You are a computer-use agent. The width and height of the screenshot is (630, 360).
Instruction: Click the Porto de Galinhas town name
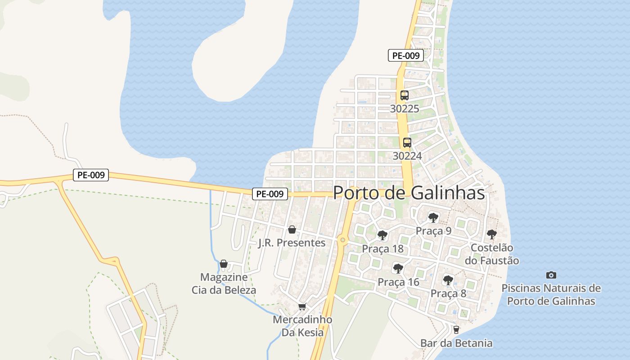coord(409,193)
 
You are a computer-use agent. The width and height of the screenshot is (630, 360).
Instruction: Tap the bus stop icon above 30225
coord(404,95)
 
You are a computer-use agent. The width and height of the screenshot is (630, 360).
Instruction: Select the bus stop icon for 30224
coord(407,143)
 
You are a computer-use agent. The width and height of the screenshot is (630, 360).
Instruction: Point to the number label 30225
coord(405,108)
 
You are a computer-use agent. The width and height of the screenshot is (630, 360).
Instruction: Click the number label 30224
coord(407,156)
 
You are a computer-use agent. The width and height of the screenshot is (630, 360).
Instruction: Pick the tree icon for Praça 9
coord(433,218)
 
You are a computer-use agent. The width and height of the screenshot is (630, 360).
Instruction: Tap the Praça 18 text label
coord(382,249)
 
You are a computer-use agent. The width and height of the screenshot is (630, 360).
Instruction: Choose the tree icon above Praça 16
coord(398,269)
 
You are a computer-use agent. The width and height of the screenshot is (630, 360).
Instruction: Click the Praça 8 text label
coord(448,293)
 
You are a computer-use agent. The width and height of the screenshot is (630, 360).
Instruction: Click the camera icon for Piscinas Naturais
coord(551,275)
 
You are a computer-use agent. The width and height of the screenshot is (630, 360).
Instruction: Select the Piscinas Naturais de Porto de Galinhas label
coord(551,294)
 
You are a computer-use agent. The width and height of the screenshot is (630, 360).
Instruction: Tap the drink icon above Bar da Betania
coord(456,330)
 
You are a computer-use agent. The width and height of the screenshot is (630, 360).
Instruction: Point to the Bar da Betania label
coord(456,343)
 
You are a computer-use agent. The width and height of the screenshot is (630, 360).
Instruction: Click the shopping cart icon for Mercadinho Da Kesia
coord(302,307)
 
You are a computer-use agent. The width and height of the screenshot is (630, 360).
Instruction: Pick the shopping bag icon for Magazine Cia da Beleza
coord(224,264)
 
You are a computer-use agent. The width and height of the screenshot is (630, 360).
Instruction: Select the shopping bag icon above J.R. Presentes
coord(292,230)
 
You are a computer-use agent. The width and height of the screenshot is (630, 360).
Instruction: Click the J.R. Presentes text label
coord(292,243)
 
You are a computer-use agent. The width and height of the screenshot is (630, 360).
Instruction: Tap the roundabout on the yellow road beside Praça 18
coord(343,240)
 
